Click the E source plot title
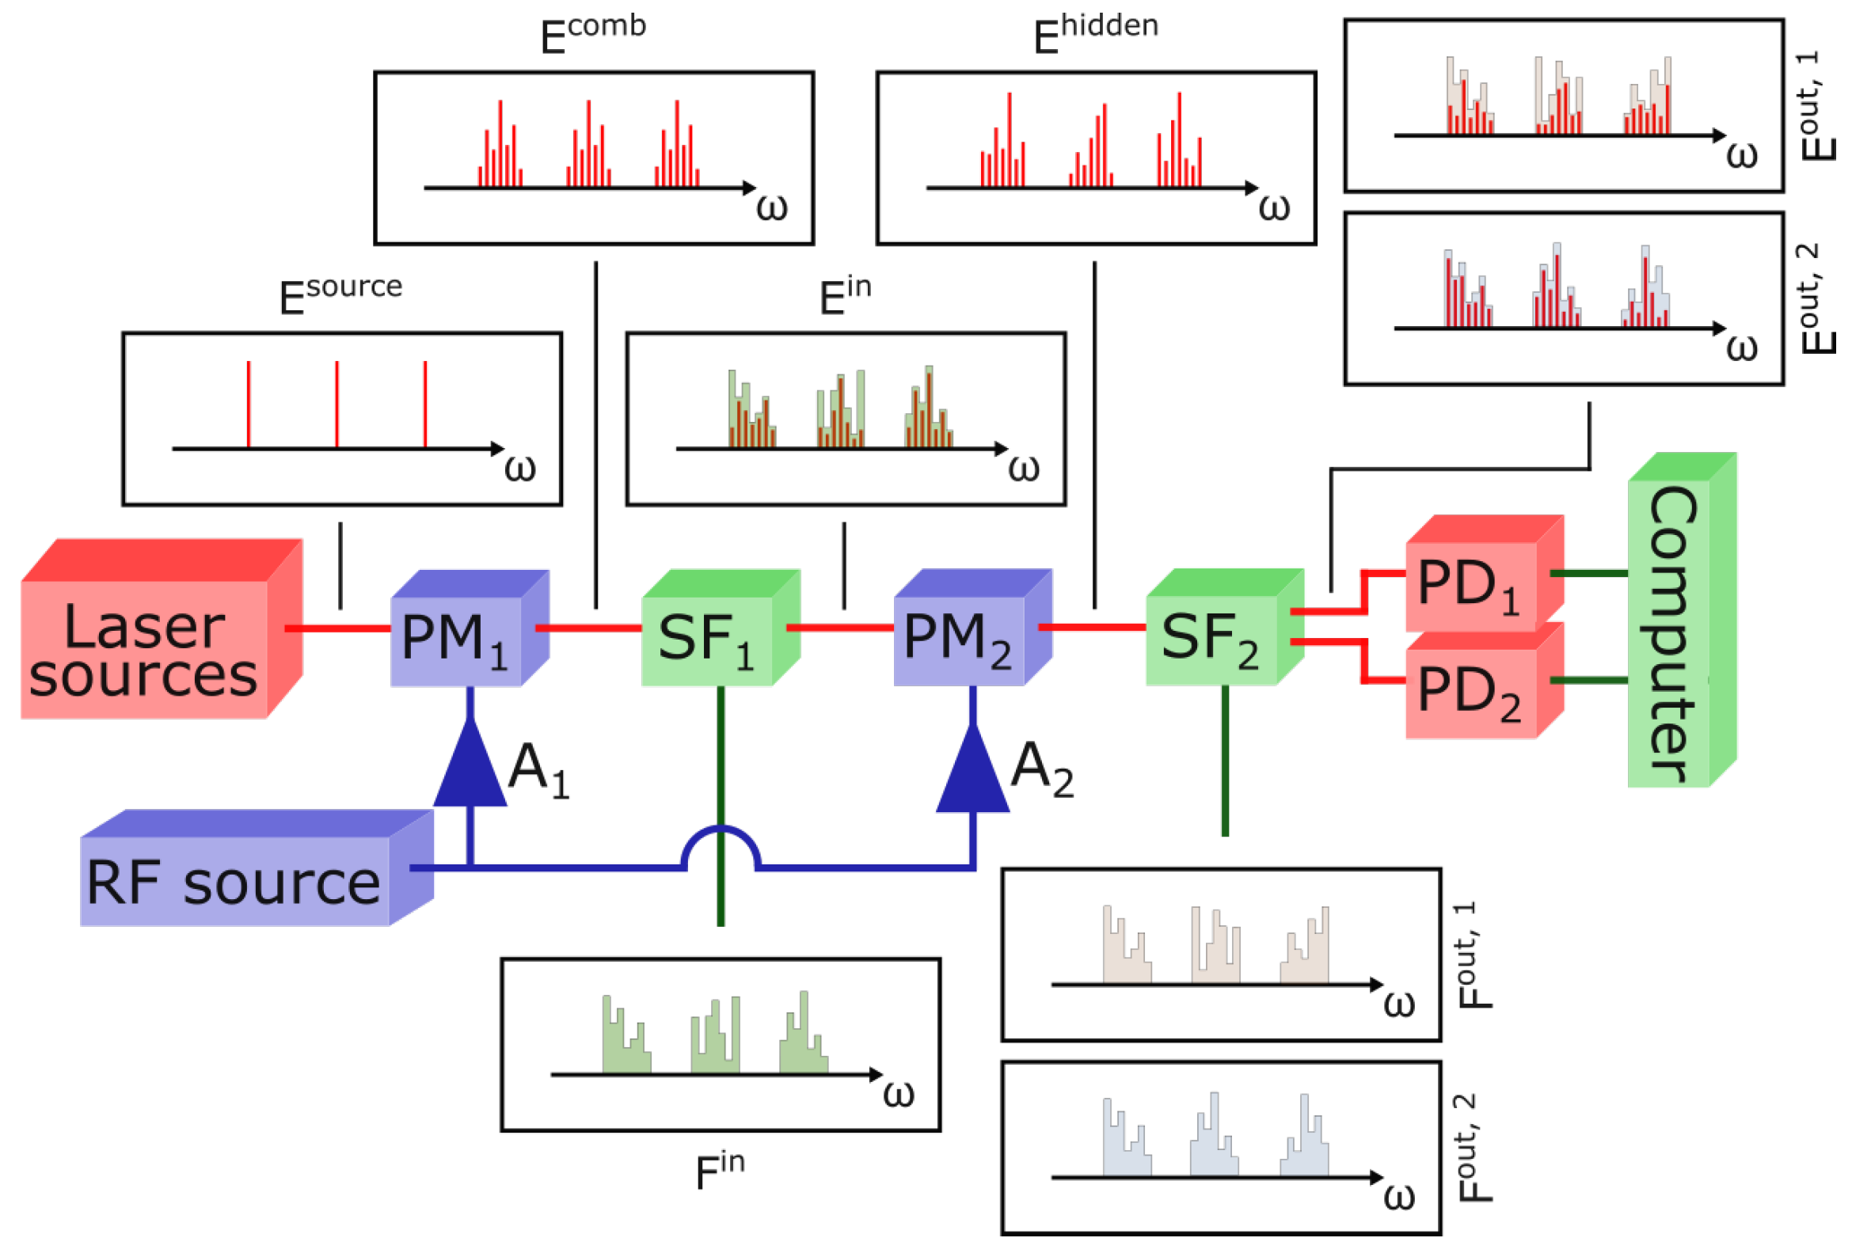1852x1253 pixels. [340, 294]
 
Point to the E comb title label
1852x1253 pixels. [593, 33]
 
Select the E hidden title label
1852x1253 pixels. [1095, 33]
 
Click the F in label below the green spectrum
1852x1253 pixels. [719, 1170]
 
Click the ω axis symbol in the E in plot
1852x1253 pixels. [1023, 469]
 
